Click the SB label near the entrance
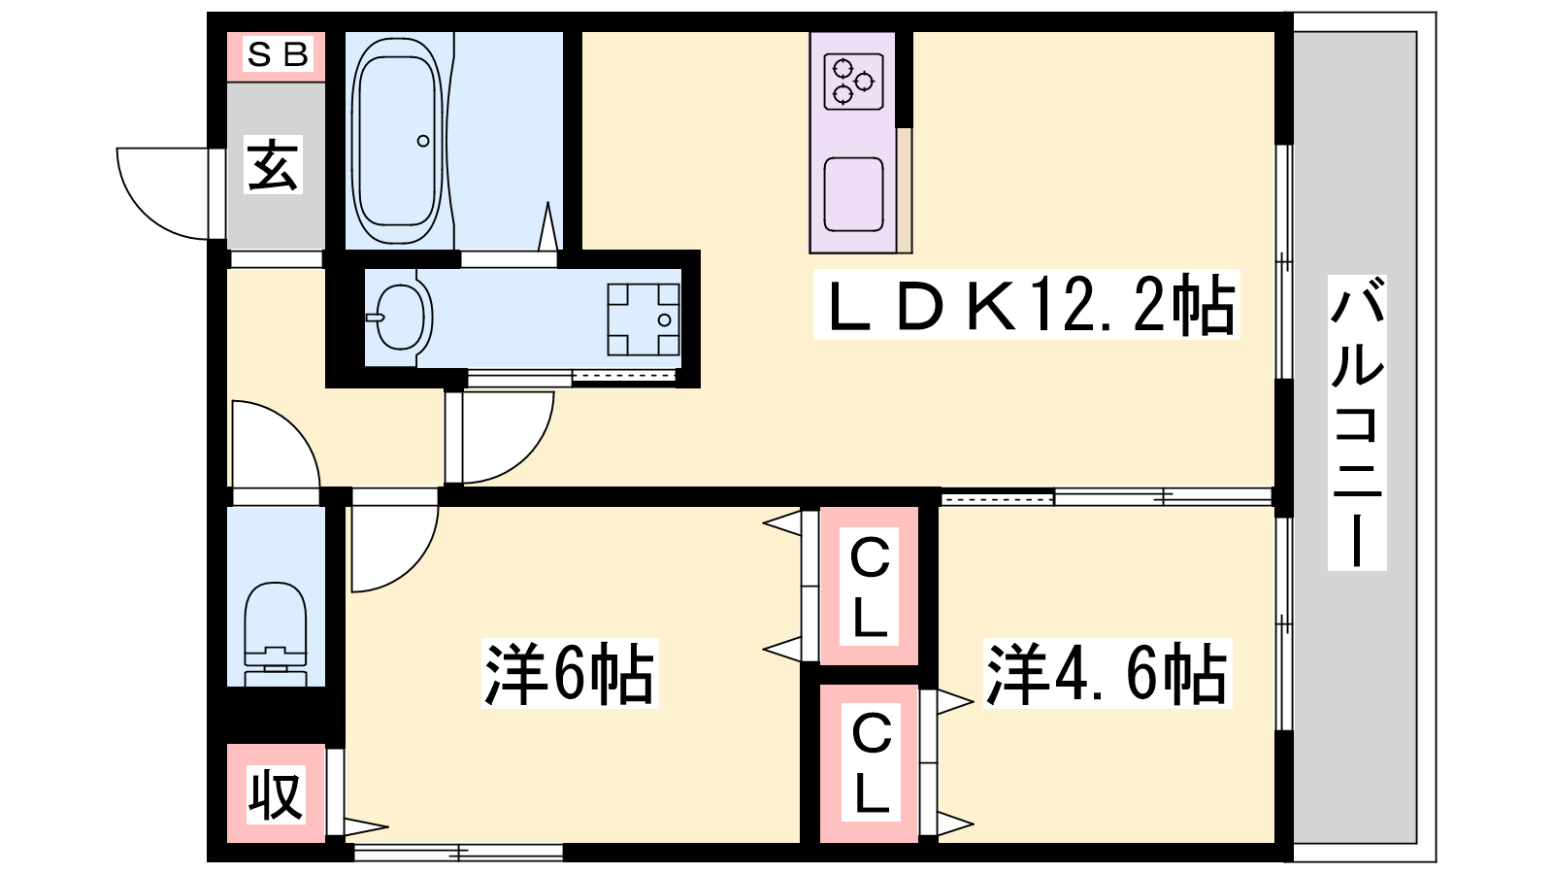[x=278, y=54]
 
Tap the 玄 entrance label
[x=274, y=164]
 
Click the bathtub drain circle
[x=423, y=141]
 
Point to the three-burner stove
[x=853, y=82]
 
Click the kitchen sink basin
[x=853, y=194]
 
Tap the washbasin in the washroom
[x=402, y=318]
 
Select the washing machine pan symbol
[x=644, y=319]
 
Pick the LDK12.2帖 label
[x=1026, y=305]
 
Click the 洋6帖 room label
[x=570, y=673]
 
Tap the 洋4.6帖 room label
[x=1107, y=673]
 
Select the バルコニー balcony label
[x=1357, y=422]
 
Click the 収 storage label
[x=276, y=794]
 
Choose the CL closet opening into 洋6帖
[x=870, y=587]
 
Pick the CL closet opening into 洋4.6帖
[x=870, y=764]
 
